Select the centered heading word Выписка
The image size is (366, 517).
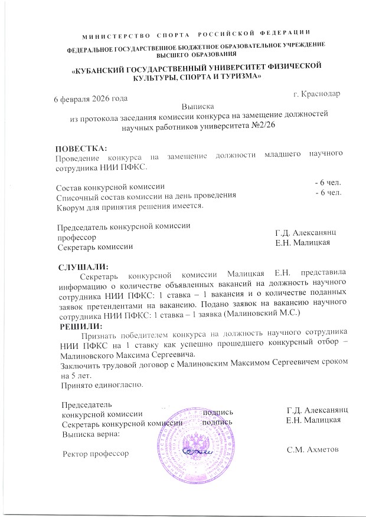pyautogui.click(x=197, y=107)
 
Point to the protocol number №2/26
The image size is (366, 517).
pyautogui.click(x=260, y=126)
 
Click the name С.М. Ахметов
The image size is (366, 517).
pyautogui.click(x=312, y=450)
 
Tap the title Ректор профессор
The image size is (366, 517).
pyautogui.click(x=95, y=453)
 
